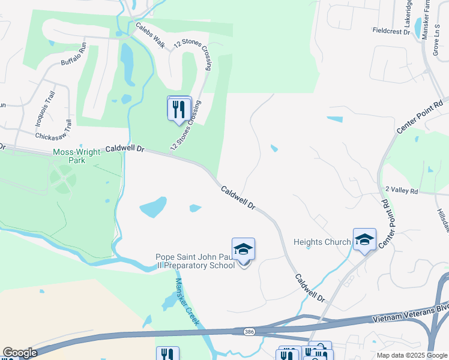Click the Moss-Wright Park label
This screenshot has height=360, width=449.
pyautogui.click(x=76, y=157)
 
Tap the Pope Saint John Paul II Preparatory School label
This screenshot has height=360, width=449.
pyautogui.click(x=195, y=262)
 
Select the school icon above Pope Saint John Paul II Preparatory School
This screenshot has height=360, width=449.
pyautogui.click(x=243, y=249)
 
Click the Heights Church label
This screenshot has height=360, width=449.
pyautogui.click(x=322, y=242)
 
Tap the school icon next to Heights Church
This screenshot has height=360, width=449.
pyautogui.click(x=364, y=239)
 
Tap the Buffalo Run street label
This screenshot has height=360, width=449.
pyautogui.click(x=74, y=53)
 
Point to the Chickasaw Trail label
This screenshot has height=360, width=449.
pyautogui.click(x=54, y=134)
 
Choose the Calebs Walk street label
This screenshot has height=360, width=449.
pyautogui.click(x=150, y=34)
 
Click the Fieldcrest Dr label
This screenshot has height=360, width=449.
pyautogui.click(x=391, y=30)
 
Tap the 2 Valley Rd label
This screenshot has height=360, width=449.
pyautogui.click(x=401, y=190)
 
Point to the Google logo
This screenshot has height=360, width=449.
pyautogui.click(x=19, y=353)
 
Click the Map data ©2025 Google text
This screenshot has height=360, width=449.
pyautogui.click(x=411, y=355)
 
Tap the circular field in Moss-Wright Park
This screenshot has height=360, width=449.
pyautogui.click(x=63, y=178)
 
